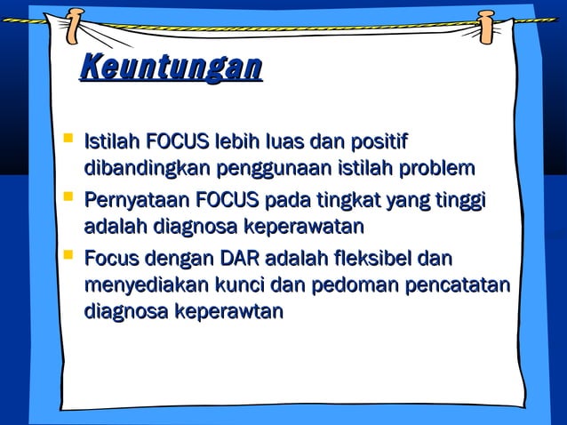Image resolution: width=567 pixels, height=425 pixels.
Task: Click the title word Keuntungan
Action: (x=171, y=68)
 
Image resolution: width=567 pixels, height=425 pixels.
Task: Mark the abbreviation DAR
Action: (x=236, y=259)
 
